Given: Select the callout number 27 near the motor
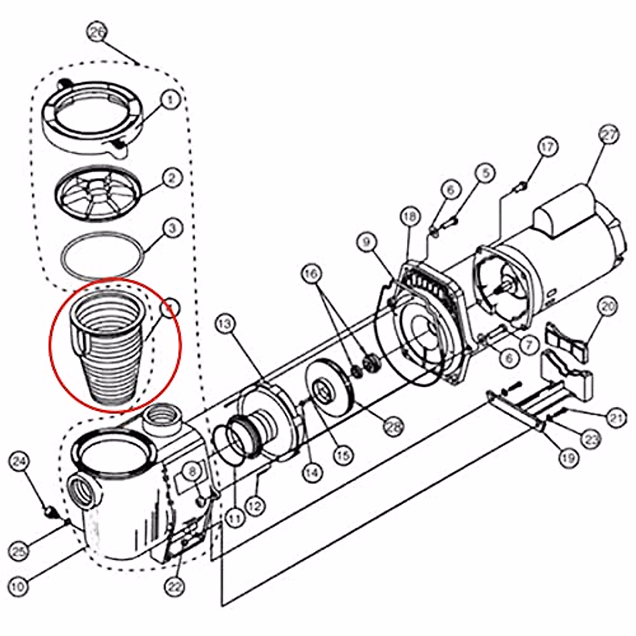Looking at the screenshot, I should (x=608, y=135).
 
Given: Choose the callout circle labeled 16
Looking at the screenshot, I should (x=312, y=274).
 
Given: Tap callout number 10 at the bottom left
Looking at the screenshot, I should (x=18, y=587).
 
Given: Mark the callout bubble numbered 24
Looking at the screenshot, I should (x=20, y=461).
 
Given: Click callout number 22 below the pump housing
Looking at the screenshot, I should (x=175, y=587).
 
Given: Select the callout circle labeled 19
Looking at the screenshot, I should (x=569, y=457).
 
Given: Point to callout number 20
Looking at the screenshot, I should (x=608, y=306).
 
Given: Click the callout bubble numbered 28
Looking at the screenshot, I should (x=393, y=426).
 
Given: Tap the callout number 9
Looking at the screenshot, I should (x=366, y=243).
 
